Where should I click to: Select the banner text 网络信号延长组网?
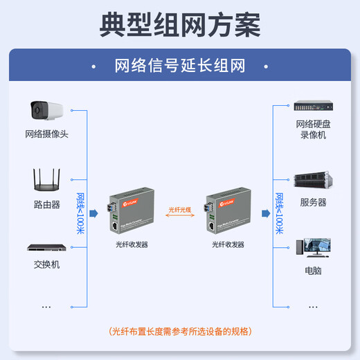tap(180, 66)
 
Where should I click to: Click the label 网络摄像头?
tap(46, 134)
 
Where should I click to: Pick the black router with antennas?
tap(46, 180)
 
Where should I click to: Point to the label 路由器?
tap(46, 205)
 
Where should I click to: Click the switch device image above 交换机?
tap(46, 247)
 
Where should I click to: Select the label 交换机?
tap(46, 264)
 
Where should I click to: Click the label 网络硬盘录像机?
tap(312, 129)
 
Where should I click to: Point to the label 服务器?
tap(313, 203)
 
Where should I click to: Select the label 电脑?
tap(313, 271)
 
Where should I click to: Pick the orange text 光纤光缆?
tap(180, 208)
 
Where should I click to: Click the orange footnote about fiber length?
tap(180, 331)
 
